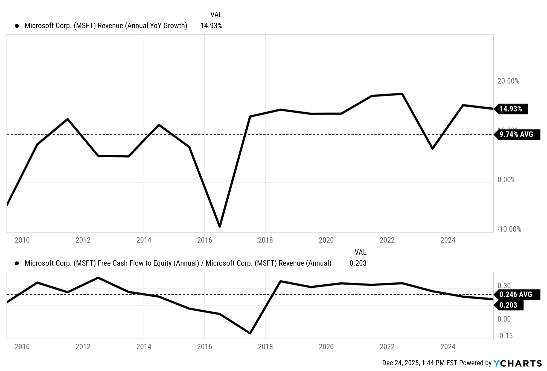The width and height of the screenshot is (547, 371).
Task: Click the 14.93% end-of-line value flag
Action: pos(511,109)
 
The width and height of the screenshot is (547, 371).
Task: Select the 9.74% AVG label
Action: pos(516,135)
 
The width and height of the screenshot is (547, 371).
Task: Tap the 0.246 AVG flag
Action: pos(516,294)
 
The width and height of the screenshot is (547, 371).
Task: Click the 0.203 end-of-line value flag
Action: pos(508,305)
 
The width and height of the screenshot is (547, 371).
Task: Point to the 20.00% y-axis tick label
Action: pos(508,81)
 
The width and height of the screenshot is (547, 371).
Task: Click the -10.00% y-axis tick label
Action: pos(509,229)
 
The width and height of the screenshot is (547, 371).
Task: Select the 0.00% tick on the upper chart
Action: pos(506,180)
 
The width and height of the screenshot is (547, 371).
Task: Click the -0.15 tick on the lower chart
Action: pos(505,336)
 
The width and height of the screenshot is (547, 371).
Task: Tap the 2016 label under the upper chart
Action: pos(205,240)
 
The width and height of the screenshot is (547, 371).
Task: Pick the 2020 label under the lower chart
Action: pos(326,347)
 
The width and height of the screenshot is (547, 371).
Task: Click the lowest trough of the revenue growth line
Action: pos(220,226)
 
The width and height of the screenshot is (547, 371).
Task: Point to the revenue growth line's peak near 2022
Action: pos(402,94)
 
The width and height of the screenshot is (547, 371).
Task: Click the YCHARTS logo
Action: pos(517,363)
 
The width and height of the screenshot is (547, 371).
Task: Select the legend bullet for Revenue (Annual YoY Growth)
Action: pos(17,26)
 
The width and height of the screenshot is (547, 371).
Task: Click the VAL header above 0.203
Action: pos(360,252)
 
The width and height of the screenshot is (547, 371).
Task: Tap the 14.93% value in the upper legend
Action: pos(211,26)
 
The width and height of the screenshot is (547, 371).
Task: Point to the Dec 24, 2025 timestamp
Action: pos(400,363)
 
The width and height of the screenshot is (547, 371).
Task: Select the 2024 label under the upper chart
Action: pos(448,240)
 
